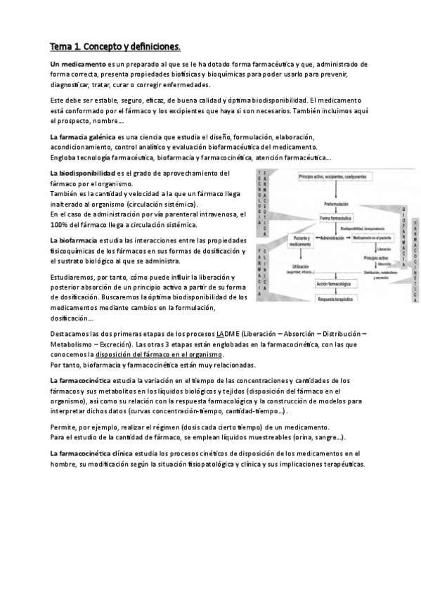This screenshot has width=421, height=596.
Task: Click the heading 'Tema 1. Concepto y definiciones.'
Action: click(115, 47)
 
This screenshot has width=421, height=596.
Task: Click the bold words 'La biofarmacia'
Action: click(74, 240)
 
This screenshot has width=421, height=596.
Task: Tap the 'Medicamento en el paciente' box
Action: click(375, 239)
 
